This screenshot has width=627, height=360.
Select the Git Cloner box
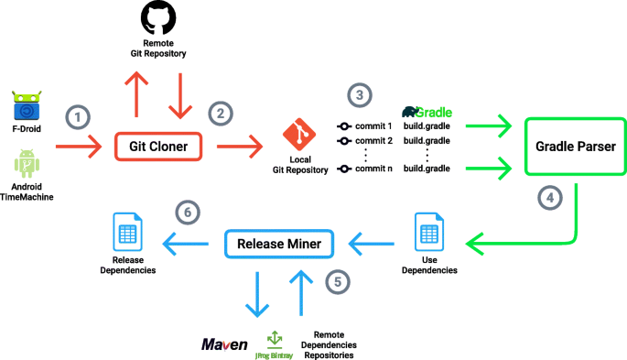(157, 145)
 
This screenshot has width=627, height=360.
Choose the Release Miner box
(280, 243)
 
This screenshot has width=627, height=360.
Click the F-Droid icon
(28, 105)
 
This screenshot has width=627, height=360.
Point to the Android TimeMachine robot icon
(28, 168)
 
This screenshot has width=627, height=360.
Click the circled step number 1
(79, 116)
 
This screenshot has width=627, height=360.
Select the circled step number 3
(360, 94)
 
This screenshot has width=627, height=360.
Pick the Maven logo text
(224, 344)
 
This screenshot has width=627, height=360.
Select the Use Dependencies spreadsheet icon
(428, 233)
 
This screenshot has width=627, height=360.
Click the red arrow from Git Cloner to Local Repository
(238, 145)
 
